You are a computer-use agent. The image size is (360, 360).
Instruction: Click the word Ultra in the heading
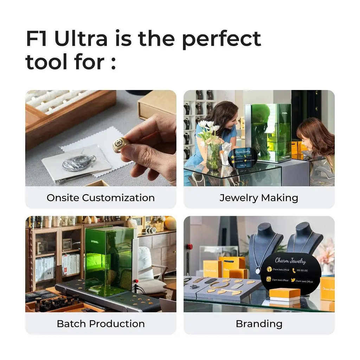81,39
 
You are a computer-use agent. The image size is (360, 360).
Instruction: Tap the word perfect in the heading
221,39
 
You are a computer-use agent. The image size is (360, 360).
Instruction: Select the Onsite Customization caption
101,198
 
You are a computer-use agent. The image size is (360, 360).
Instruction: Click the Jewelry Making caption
259,198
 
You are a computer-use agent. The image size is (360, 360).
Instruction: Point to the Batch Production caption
101,323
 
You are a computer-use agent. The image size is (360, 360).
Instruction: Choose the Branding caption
259,323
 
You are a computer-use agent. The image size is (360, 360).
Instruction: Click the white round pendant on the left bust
258,271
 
